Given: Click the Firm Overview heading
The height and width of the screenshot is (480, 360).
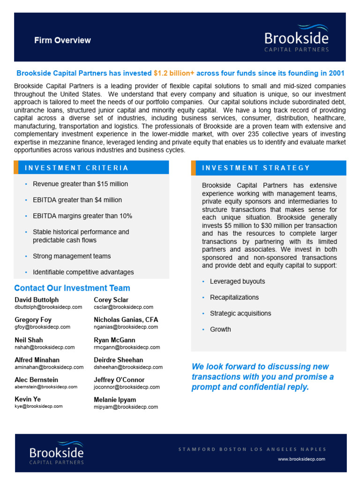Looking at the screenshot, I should [62, 40].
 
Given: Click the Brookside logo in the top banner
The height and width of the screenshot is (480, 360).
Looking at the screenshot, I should [296, 38].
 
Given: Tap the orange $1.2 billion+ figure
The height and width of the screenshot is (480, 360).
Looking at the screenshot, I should [174, 74].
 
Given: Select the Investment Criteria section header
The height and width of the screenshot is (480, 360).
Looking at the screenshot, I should [76, 168].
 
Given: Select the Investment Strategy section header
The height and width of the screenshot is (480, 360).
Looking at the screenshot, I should [256, 168].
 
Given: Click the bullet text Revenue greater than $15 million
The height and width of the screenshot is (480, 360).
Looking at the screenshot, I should [80, 184].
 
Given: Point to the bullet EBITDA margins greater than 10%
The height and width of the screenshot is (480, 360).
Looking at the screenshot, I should [82, 216].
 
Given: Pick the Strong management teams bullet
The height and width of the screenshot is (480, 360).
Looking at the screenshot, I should [72, 256].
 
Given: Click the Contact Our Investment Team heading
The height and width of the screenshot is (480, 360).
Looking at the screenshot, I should [72, 288].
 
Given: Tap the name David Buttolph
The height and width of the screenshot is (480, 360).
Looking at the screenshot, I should [37, 300].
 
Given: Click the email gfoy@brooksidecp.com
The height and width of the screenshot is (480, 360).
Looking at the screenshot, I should [42, 327].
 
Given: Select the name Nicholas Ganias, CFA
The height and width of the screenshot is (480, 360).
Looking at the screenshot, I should [126, 320].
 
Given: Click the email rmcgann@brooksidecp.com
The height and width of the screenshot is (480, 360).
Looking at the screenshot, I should [127, 347].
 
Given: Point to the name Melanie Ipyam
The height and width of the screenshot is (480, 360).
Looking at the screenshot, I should [115, 400].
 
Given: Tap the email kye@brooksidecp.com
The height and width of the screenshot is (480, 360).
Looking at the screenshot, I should [38, 406].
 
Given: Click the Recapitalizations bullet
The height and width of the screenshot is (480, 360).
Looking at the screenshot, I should [234, 298].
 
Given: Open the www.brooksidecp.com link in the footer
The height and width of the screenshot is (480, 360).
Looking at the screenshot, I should [301, 459].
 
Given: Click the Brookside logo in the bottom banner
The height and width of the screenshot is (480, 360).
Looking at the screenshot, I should [56, 452].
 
